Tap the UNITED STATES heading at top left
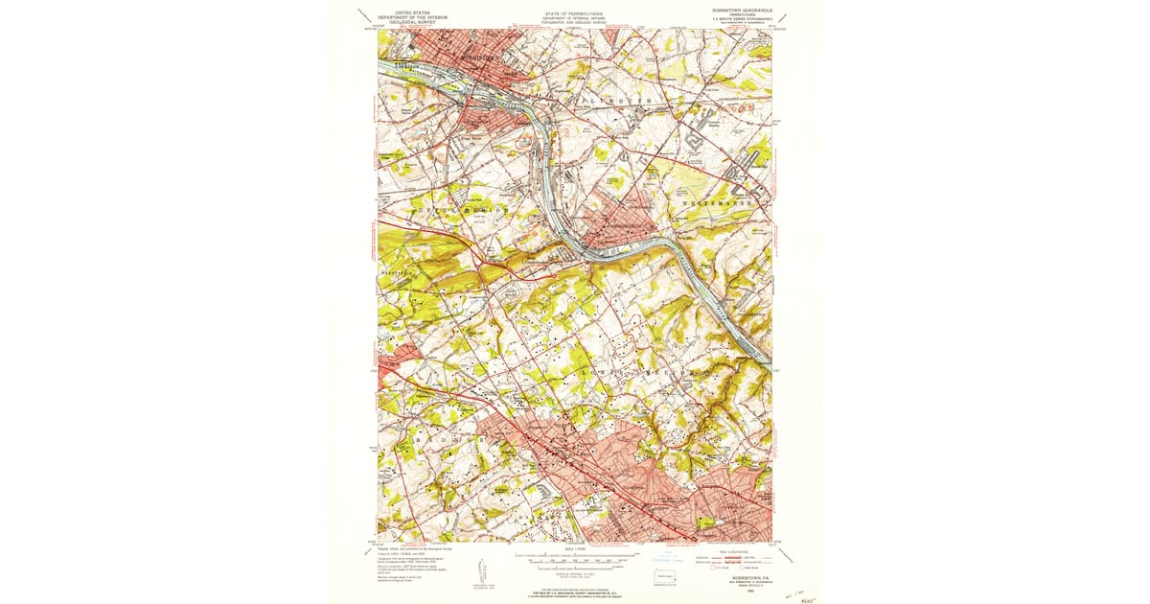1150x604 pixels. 400,11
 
